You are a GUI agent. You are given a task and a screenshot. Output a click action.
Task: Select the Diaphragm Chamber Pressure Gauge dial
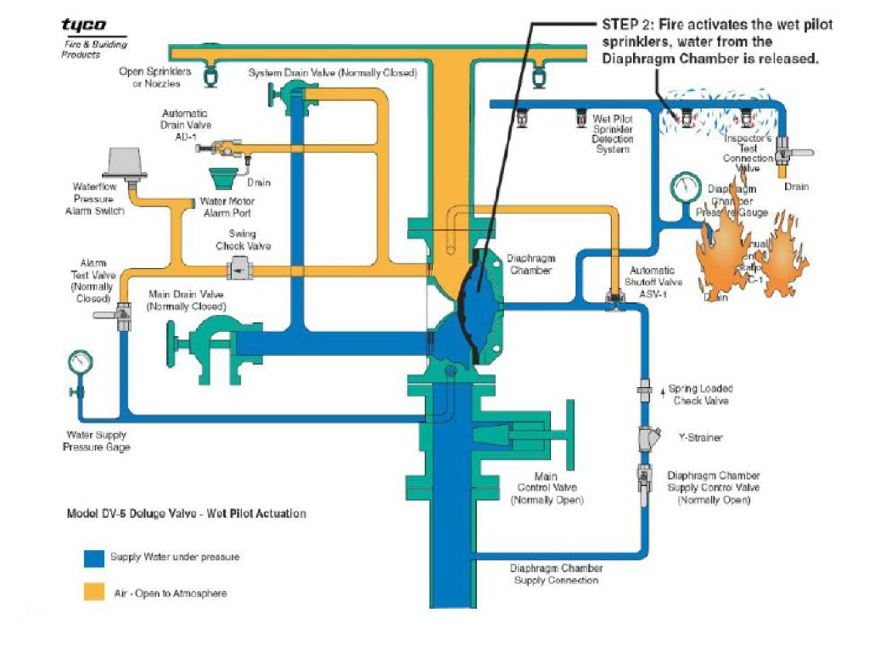[681, 185]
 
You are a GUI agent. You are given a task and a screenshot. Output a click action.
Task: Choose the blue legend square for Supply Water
[93, 558]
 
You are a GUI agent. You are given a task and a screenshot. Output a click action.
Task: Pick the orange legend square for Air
[93, 592]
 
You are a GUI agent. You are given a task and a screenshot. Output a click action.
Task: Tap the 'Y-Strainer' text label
[701, 438]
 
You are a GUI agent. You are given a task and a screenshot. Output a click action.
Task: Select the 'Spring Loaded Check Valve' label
[700, 395]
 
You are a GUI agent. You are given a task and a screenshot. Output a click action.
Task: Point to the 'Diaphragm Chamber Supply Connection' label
[556, 574]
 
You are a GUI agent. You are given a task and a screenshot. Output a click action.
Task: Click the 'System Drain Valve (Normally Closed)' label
[333, 73]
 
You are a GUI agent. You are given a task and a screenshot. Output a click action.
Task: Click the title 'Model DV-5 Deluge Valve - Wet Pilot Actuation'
[187, 514]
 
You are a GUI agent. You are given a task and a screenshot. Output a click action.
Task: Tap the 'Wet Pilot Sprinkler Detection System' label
[612, 134]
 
